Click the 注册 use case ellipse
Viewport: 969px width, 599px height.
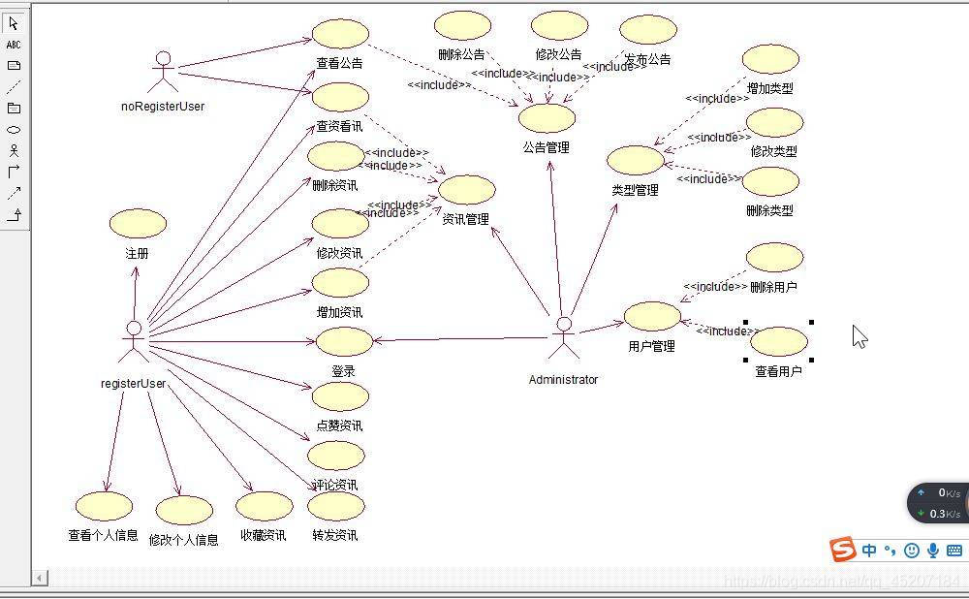tap(138, 224)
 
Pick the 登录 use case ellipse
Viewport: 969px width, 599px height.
tap(344, 341)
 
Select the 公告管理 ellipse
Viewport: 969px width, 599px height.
tap(547, 118)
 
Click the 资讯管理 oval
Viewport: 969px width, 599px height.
tap(467, 190)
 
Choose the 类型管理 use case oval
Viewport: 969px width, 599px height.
tap(636, 160)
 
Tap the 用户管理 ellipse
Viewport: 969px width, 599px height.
tap(652, 316)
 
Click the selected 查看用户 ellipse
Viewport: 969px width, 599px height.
tap(779, 341)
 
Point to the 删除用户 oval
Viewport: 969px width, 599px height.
tap(775, 258)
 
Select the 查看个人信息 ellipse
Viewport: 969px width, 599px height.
tap(104, 506)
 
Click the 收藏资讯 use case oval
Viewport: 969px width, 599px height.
tap(264, 506)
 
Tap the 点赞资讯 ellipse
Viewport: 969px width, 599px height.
tap(340, 395)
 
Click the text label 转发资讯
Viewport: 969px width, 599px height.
tap(335, 535)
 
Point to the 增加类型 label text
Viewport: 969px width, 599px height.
tap(770, 88)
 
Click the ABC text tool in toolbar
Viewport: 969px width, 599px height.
tap(14, 45)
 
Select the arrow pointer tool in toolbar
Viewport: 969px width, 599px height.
tap(14, 23)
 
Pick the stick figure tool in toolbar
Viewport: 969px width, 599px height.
tap(14, 150)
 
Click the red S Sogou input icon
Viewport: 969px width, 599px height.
tap(843, 550)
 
